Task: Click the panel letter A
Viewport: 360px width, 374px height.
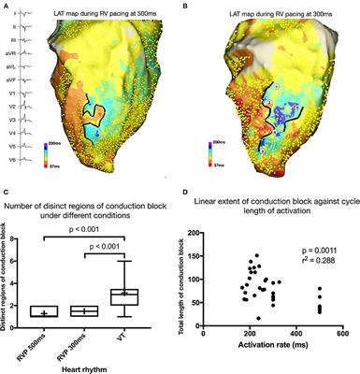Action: click(5, 5)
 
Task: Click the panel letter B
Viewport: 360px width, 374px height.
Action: click(186, 5)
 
